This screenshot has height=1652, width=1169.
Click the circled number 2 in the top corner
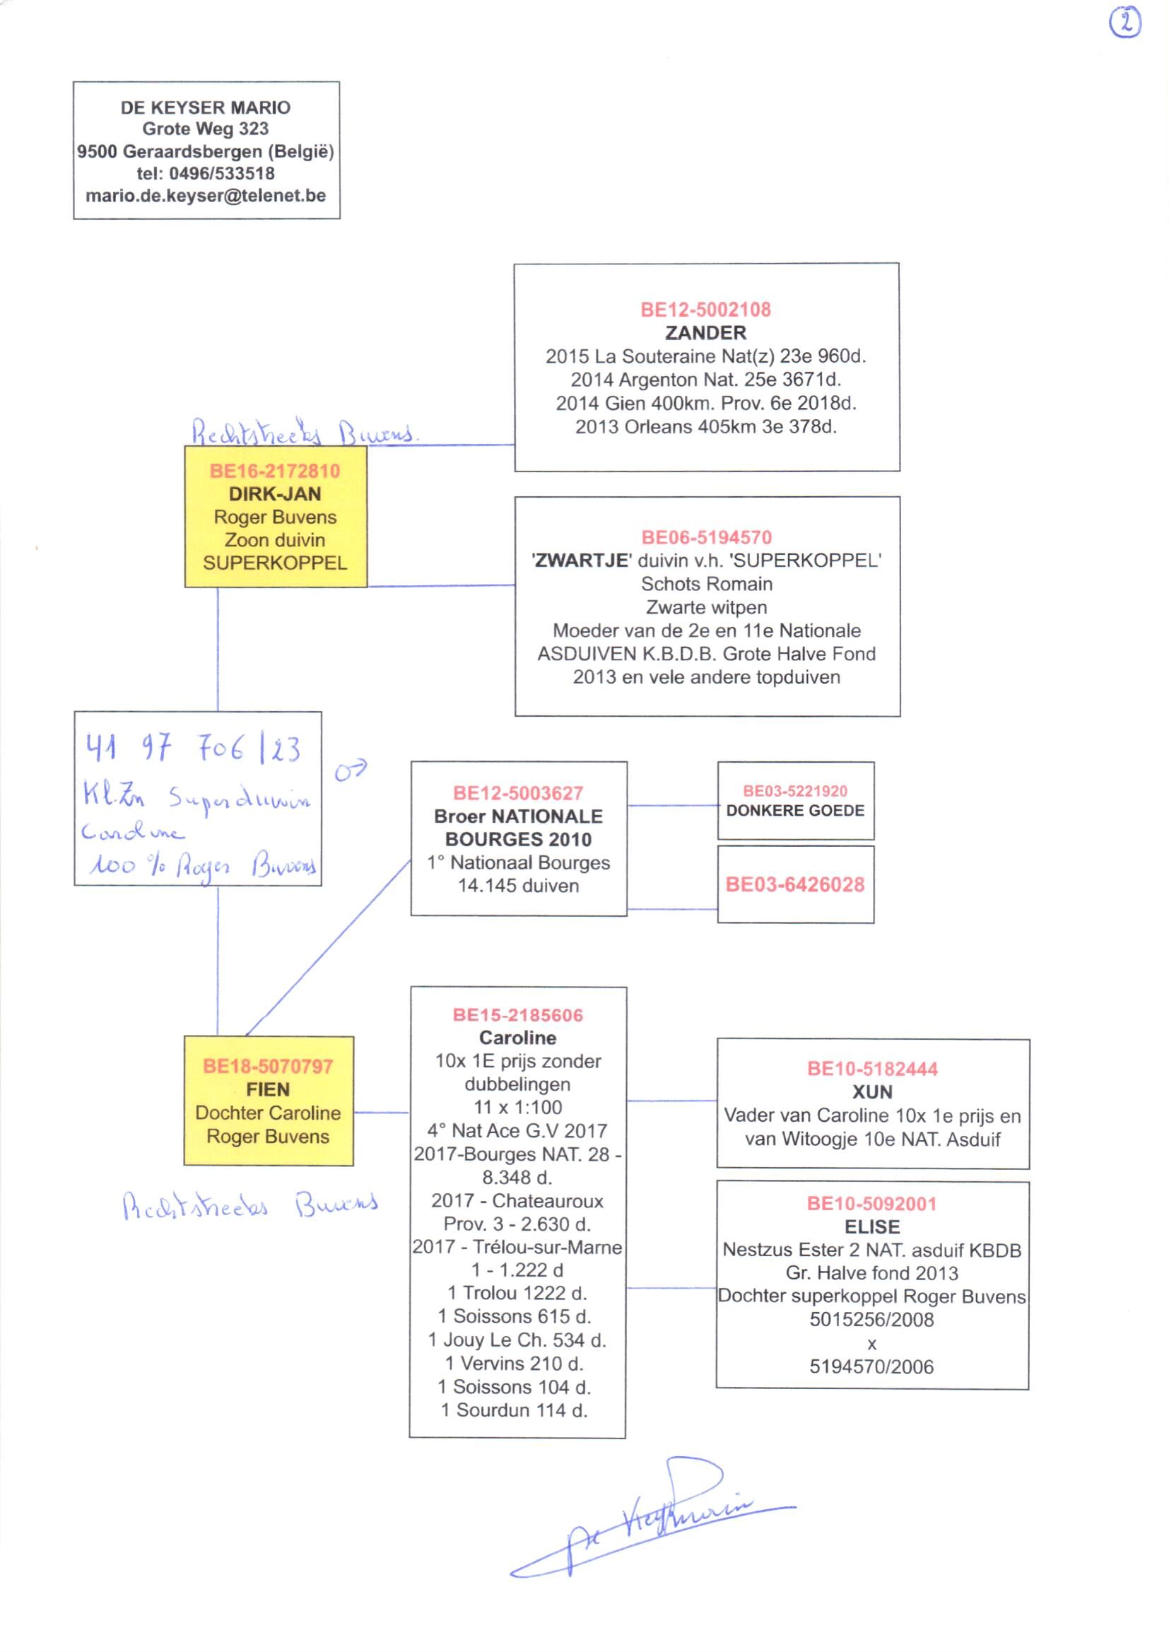coord(1125,23)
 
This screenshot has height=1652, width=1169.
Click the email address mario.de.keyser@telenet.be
coord(206,196)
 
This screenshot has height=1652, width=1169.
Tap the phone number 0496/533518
coord(222,173)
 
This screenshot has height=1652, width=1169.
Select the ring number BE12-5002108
coord(705,310)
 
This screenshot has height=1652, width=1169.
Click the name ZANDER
coord(705,332)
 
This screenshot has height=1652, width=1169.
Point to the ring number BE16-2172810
coord(275,471)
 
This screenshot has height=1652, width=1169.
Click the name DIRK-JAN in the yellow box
coord(275,494)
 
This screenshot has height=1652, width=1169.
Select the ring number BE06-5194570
coord(706,537)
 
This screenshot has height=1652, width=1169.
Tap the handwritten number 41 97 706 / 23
coord(193,749)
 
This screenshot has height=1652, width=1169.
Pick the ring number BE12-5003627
coord(517,793)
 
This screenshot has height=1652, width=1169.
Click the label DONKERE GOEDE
coord(794,811)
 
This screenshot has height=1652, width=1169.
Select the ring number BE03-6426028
coord(794,884)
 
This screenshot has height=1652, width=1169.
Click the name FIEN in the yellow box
coord(268,1089)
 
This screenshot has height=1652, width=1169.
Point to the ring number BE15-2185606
coord(517,1015)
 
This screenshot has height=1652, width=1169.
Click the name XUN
coord(871,1092)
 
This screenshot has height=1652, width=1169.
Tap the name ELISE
coord(871,1226)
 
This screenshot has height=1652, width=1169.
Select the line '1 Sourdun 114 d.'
coord(514,1410)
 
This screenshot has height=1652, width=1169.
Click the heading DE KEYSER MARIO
coord(206,107)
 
